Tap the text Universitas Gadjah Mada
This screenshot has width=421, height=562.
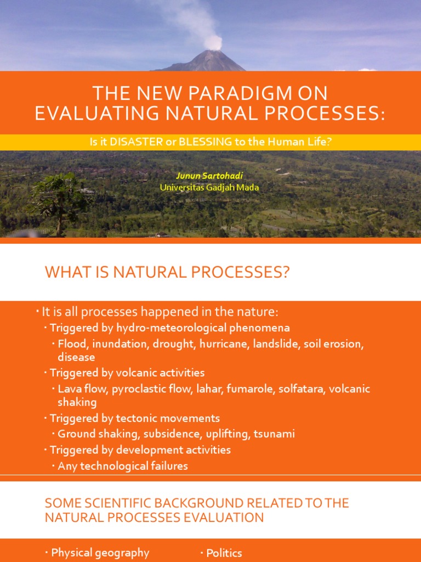click(x=209, y=187)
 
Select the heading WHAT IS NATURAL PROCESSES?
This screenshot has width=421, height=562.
click(x=167, y=272)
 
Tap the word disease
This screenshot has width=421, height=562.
click(x=76, y=357)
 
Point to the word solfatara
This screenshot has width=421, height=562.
click(x=301, y=389)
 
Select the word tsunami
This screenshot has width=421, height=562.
click(x=274, y=434)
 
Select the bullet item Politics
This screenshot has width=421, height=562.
click(x=224, y=553)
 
